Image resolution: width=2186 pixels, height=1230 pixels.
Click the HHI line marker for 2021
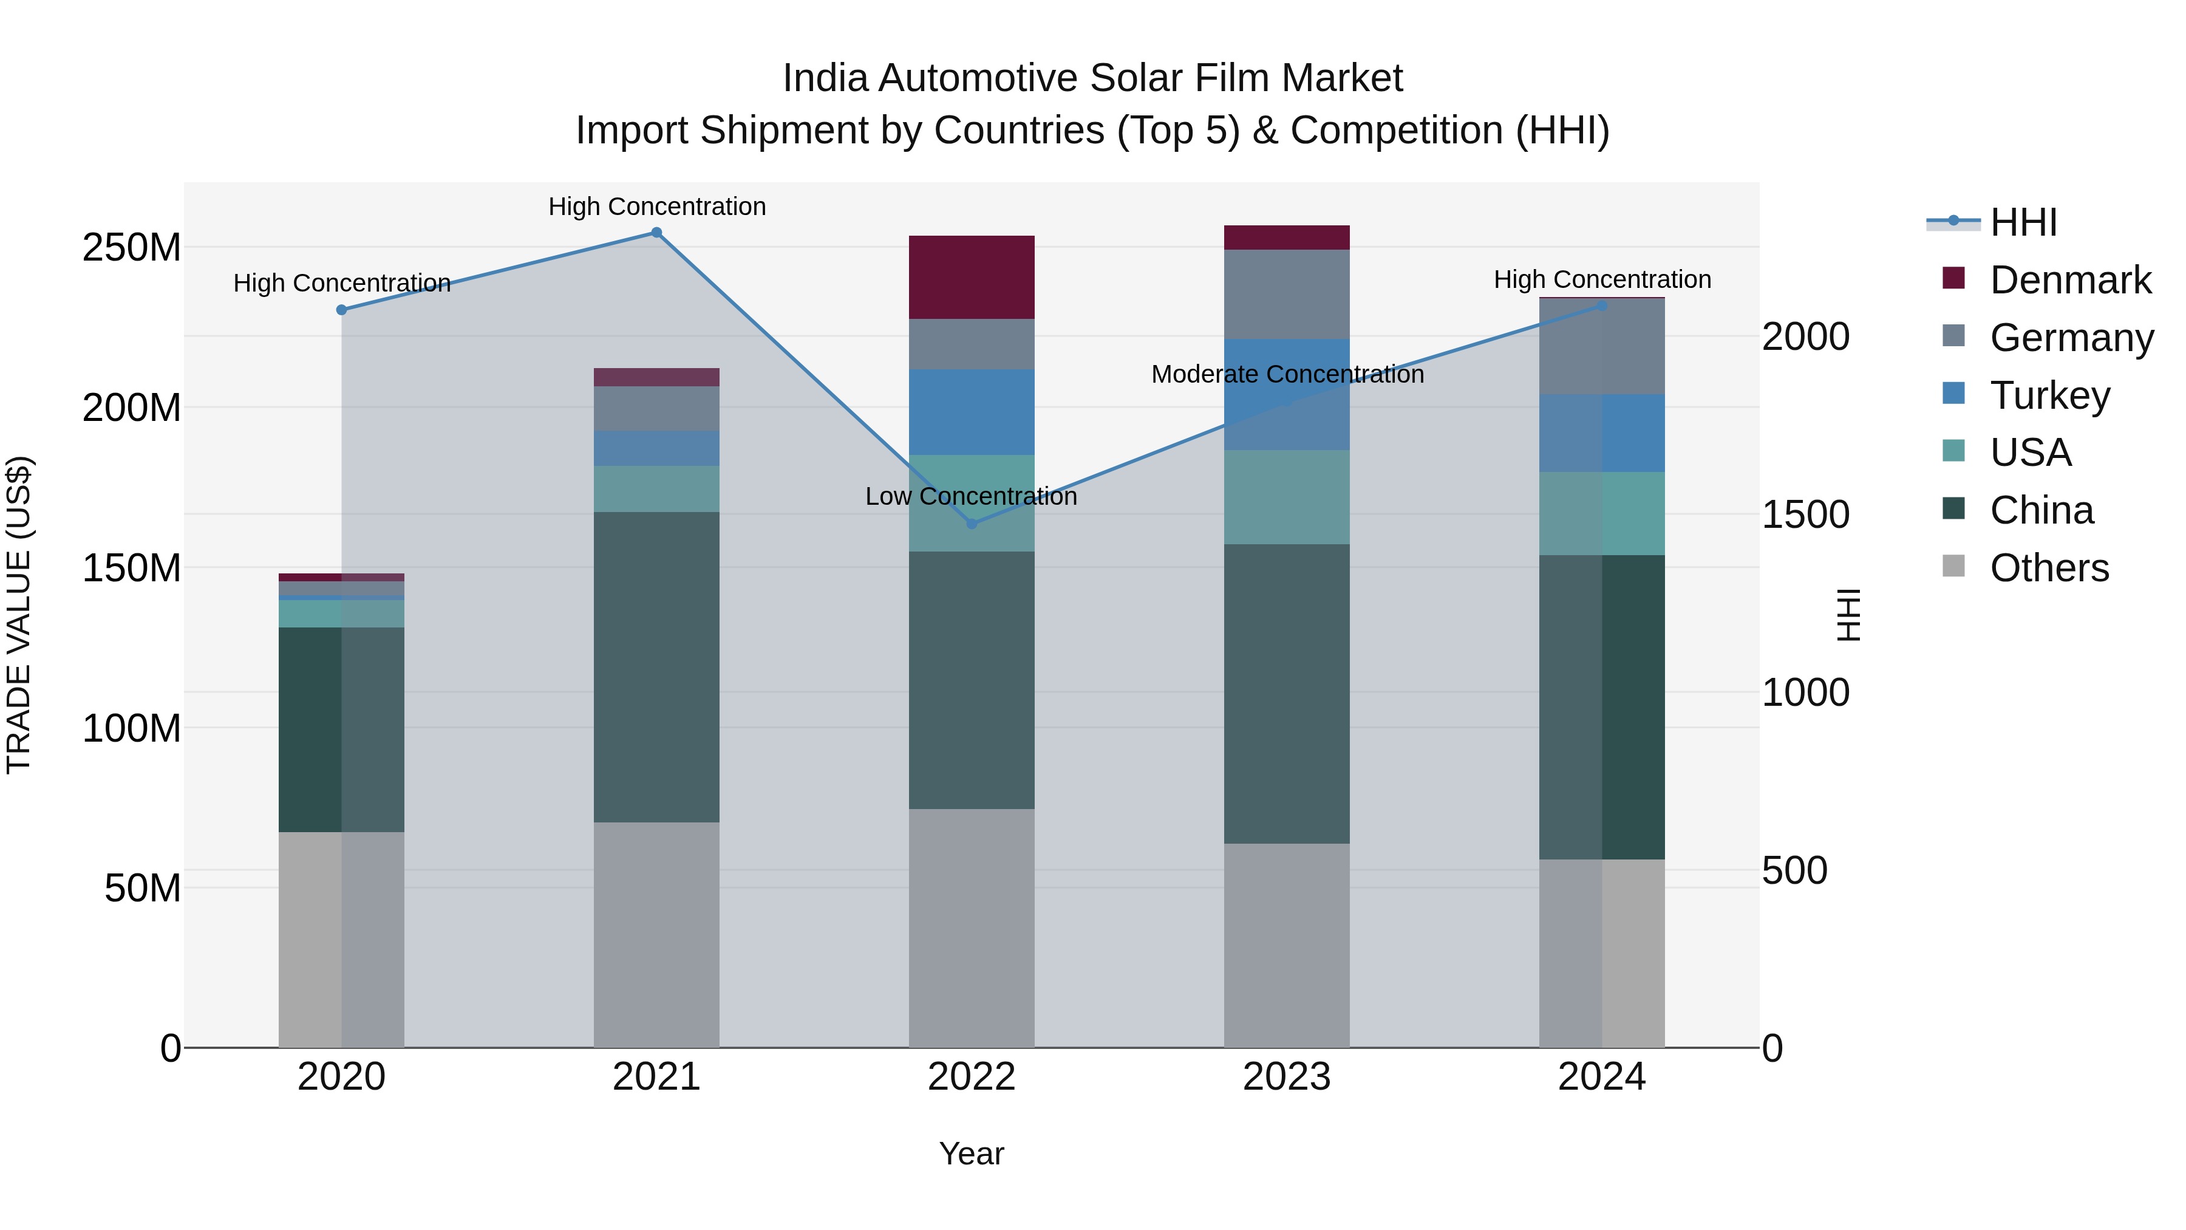656,233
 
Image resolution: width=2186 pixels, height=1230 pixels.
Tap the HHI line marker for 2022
972,524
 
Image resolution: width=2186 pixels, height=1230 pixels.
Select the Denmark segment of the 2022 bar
972,278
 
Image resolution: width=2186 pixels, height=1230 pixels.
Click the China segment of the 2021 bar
656,666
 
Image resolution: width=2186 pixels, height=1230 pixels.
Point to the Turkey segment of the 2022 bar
972,412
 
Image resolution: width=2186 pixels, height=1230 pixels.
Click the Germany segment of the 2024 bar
1601,346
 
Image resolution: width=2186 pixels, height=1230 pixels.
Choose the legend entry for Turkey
2049,395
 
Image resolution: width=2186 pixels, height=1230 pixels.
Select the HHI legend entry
2023,222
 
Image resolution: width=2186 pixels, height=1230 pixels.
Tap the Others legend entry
2049,568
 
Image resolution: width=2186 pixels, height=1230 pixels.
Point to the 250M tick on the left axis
132,248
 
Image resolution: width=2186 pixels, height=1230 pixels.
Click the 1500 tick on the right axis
1805,514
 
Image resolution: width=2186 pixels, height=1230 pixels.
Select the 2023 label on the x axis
1287,1077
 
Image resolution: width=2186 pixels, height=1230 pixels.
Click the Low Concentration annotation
971,497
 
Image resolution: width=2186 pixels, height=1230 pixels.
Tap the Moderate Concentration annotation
1287,374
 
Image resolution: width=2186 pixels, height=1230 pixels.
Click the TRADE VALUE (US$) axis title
19,615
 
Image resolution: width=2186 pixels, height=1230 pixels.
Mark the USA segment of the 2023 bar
1287,497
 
